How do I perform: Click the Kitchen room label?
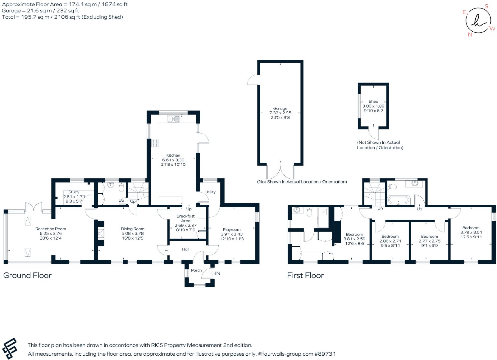click(173, 155)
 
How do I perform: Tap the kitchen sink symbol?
click(173, 119)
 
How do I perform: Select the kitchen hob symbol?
click(155, 143)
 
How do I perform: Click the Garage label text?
click(280, 108)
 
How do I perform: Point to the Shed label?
click(373, 101)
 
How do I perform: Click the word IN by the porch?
click(217, 273)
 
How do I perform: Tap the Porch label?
click(196, 270)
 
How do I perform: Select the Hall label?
click(185, 249)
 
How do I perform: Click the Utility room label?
click(210, 192)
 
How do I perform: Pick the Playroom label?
click(232, 230)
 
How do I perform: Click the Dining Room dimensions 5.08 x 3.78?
click(133, 233)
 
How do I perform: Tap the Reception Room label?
click(51, 229)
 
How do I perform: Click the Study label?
click(74, 192)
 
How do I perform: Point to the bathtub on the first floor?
click(399, 200)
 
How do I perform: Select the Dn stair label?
click(380, 208)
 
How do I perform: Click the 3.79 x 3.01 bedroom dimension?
click(471, 232)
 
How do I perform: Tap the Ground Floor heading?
click(27, 275)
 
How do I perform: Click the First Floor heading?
click(306, 275)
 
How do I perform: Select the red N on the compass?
click(470, 34)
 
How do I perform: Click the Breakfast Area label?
click(186, 218)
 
